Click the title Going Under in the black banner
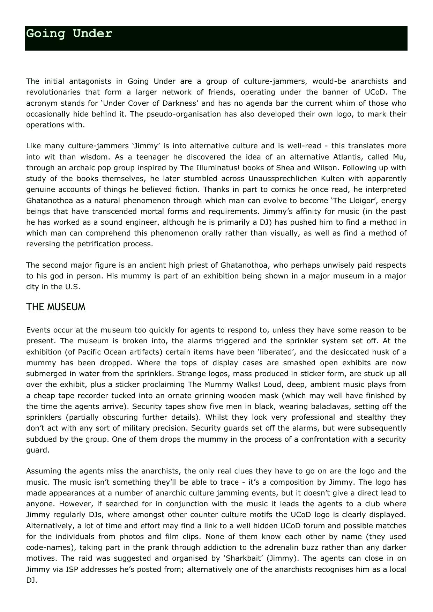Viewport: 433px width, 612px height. (x=69, y=34)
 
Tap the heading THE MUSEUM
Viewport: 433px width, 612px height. (x=55, y=307)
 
